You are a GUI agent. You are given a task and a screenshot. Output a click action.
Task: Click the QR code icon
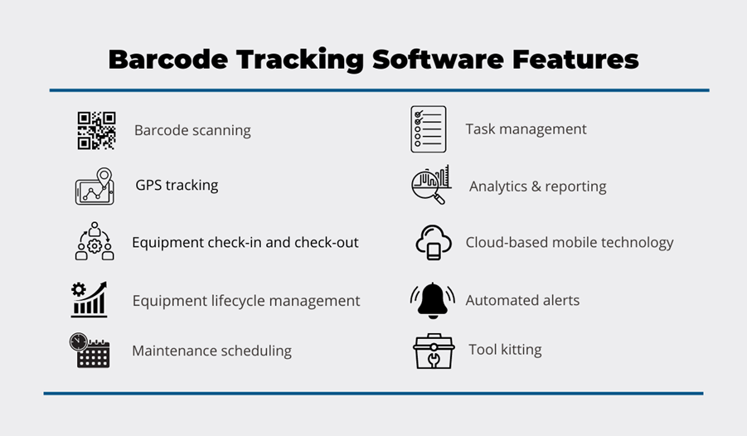click(x=96, y=131)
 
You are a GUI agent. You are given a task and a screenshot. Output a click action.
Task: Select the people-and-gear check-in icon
click(x=95, y=240)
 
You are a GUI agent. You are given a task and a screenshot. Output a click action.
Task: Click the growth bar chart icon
click(x=89, y=299)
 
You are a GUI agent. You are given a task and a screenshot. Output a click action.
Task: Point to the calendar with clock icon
click(x=90, y=351)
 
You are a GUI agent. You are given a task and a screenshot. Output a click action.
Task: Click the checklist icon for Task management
click(x=429, y=129)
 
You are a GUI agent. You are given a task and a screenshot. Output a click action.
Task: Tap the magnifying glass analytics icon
click(x=430, y=185)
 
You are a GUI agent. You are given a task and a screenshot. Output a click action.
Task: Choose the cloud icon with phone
click(x=433, y=243)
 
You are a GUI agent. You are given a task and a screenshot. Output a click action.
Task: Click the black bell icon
click(x=432, y=300)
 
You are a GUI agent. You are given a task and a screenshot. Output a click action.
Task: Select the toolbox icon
click(x=434, y=351)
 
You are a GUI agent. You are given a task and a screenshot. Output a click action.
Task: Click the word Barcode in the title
click(x=168, y=60)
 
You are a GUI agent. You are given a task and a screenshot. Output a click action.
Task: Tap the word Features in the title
click(x=575, y=60)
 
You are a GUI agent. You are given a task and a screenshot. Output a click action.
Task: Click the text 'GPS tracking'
click(x=177, y=185)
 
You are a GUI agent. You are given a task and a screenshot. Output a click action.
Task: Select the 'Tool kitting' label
click(x=505, y=350)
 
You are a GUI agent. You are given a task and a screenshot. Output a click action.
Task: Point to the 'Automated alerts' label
click(x=522, y=300)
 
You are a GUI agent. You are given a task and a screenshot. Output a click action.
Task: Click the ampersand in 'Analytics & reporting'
click(x=536, y=187)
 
